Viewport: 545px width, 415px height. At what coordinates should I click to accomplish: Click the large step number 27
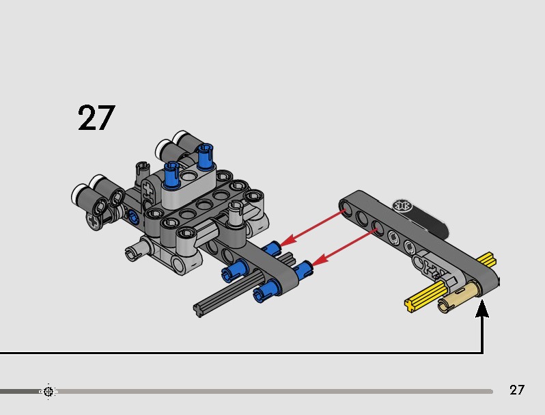coord(96,118)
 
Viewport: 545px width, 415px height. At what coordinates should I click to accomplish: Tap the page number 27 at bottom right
coord(516,390)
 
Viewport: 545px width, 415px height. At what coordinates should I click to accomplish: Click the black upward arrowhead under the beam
coord(482,308)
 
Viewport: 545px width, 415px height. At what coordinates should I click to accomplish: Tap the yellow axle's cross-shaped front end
coord(410,304)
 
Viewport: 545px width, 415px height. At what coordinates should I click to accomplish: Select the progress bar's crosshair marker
coord(48,392)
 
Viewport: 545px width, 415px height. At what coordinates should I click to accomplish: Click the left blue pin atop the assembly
coord(171,174)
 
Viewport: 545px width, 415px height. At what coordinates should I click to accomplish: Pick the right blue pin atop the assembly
coord(204,156)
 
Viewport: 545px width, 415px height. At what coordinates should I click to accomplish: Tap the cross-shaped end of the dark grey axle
coord(199,310)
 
